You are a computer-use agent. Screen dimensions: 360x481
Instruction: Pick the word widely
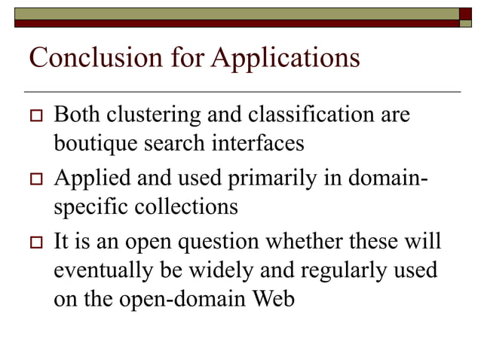[233, 270]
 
